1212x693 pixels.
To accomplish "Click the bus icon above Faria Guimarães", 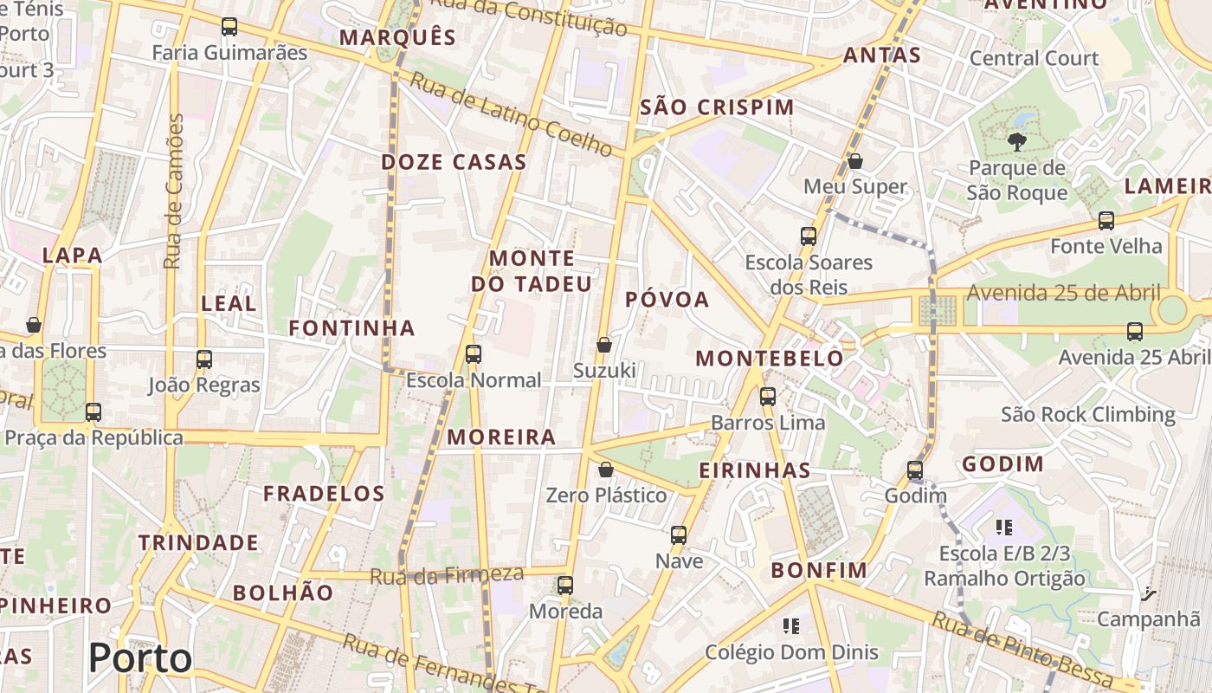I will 229,27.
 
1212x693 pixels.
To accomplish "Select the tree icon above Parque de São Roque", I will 1016,141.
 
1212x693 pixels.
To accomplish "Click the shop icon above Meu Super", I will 855,161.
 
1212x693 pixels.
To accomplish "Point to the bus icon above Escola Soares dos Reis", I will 809,236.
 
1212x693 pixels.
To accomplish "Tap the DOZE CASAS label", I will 454,162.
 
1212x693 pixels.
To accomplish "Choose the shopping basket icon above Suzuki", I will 604,345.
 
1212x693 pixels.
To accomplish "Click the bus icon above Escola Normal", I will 474,353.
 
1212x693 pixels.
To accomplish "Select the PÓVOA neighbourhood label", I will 667,300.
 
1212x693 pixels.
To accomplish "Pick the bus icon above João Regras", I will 204,359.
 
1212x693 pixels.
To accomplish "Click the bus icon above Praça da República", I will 93,412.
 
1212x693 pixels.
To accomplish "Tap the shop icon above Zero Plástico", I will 606,470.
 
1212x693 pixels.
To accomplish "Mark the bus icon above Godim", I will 915,470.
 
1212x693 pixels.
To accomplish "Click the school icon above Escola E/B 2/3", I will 1004,527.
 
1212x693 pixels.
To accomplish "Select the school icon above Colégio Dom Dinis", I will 790,625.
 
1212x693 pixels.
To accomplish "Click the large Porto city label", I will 140,658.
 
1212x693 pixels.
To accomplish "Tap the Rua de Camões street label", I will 175,191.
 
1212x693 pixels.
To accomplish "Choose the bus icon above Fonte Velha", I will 1106,221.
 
